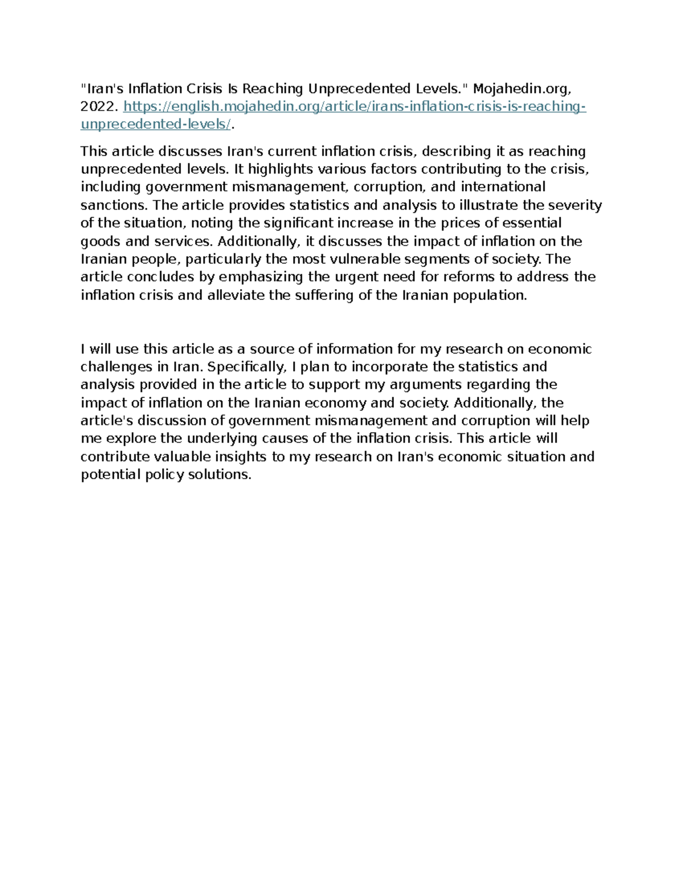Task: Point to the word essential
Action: [527, 223]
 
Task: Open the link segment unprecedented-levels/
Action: [155, 125]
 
